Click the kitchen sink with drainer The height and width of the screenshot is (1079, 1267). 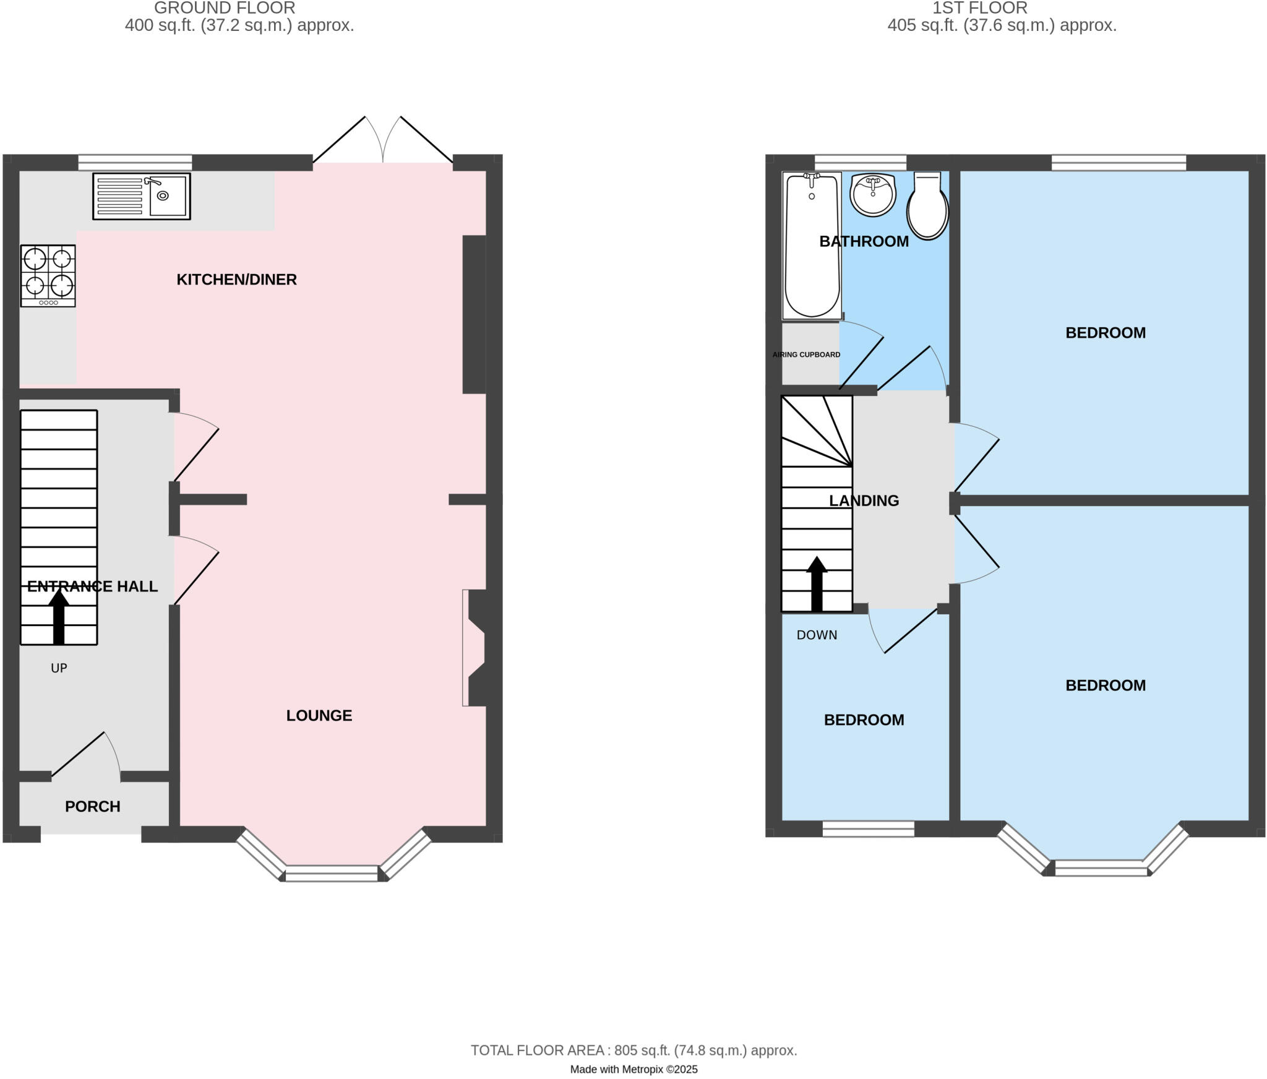click(x=142, y=196)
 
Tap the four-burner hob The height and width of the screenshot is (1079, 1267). click(x=48, y=276)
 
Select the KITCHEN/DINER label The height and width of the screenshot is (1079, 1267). click(x=237, y=280)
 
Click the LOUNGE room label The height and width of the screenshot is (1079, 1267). click(x=319, y=716)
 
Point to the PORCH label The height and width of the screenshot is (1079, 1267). click(x=93, y=807)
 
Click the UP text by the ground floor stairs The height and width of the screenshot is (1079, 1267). click(x=59, y=668)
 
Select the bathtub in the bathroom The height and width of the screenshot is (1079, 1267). click(x=812, y=246)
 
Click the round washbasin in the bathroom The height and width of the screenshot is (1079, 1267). click(x=873, y=194)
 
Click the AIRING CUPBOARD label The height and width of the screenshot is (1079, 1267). click(x=806, y=355)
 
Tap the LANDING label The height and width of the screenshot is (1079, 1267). click(x=864, y=501)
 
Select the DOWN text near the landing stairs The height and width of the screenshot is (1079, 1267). click(x=817, y=635)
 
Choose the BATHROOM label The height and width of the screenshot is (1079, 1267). click(x=864, y=242)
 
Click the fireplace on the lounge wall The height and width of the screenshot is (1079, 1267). click(x=475, y=647)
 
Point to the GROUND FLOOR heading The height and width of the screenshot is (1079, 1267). click(x=225, y=8)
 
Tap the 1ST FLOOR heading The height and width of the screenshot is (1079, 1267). click(x=980, y=8)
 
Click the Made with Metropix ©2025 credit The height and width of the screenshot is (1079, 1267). click(x=633, y=1070)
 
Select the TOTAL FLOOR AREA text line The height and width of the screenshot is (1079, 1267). click(x=633, y=1051)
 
